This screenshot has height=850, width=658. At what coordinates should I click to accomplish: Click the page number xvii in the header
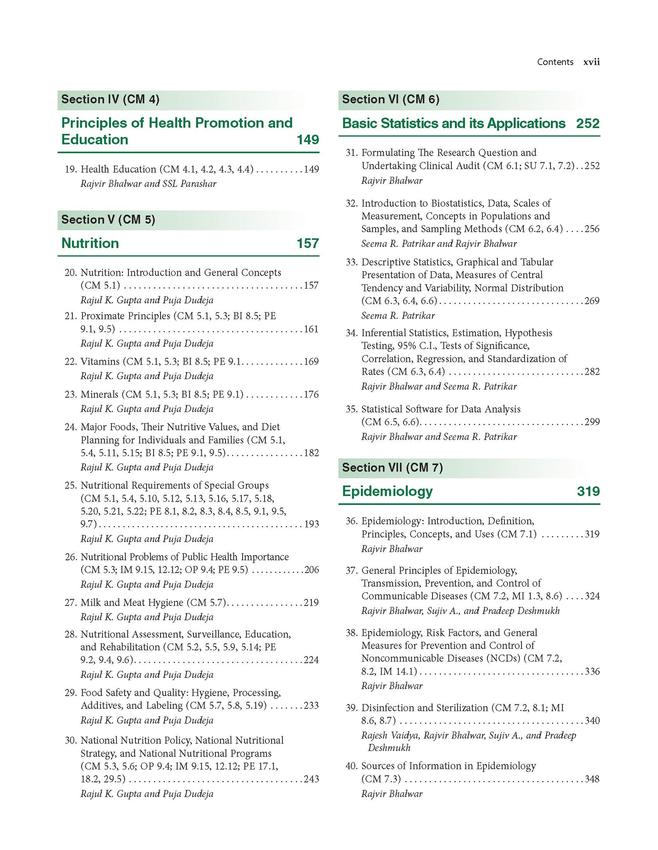click(x=591, y=62)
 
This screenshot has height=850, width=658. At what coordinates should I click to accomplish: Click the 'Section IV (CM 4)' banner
click(x=110, y=100)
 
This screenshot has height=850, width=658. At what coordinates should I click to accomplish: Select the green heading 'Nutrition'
click(x=90, y=243)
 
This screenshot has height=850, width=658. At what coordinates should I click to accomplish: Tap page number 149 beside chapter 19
click(x=311, y=169)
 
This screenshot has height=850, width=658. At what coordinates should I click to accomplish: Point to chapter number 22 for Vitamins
click(x=71, y=362)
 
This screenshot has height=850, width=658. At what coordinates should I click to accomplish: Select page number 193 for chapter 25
click(x=311, y=524)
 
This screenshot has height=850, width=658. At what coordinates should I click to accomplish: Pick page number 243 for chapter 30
click(x=311, y=779)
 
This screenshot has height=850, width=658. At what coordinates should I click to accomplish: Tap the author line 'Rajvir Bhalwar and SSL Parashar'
click(x=148, y=184)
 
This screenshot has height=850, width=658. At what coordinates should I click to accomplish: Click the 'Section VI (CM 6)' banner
click(x=390, y=100)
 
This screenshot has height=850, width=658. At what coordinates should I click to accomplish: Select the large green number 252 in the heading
click(x=587, y=123)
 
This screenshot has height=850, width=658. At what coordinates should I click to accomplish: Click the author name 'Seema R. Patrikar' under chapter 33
click(x=398, y=316)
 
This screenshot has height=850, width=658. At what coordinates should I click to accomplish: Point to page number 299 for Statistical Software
click(x=592, y=422)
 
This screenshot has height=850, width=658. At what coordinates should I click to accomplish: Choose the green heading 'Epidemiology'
click(x=387, y=491)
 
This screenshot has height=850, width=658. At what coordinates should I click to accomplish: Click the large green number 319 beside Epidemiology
click(x=588, y=491)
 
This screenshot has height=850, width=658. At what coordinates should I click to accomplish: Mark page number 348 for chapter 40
click(x=592, y=779)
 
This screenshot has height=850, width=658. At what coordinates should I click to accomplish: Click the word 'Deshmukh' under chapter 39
click(x=389, y=748)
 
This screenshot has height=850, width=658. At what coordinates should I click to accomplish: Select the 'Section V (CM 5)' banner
click(x=108, y=220)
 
